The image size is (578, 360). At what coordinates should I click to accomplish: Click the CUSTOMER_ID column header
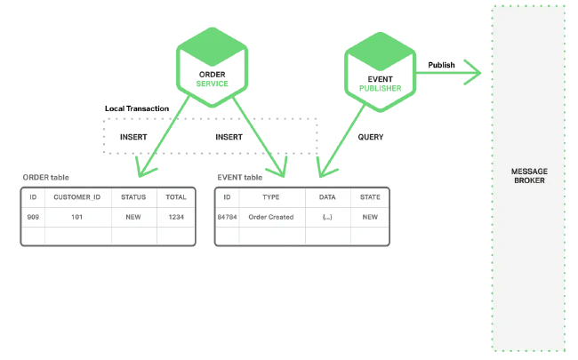[x=78, y=196]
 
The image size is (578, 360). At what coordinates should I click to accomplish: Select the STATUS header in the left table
[x=134, y=196]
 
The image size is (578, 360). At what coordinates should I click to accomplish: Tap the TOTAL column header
[x=176, y=196]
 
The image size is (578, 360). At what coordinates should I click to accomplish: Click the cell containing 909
[x=33, y=216]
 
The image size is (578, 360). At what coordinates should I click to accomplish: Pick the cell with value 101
[x=78, y=216]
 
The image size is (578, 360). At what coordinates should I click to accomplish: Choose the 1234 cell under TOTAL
[x=176, y=216]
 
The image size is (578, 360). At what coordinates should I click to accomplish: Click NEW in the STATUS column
[x=134, y=216]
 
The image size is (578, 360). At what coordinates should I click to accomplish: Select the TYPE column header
[x=272, y=196]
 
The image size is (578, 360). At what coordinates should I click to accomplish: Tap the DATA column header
[x=327, y=196]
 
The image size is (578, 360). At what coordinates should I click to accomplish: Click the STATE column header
[x=370, y=196]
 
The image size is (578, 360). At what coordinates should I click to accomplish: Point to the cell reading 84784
[x=228, y=216]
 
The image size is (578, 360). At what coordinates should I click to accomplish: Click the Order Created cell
[x=272, y=216]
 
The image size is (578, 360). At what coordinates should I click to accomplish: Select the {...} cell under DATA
[x=327, y=216]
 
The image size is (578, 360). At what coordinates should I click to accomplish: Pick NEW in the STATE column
[x=370, y=216]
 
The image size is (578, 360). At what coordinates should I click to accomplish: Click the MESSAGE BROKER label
[x=528, y=175]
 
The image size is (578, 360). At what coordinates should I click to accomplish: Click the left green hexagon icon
[x=209, y=67]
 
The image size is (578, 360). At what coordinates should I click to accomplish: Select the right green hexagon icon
[x=381, y=71]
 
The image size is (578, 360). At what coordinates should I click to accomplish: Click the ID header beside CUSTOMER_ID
[x=33, y=196]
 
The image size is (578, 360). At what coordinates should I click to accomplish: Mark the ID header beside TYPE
[x=228, y=196]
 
